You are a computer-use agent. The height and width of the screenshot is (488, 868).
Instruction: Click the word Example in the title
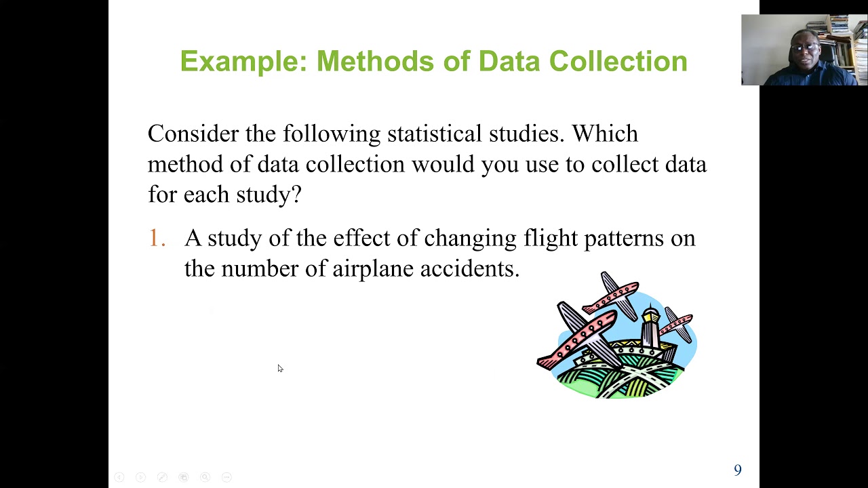click(x=238, y=61)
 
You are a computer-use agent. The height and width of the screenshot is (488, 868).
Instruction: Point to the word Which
click(x=604, y=134)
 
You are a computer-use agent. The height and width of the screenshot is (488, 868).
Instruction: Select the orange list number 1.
click(x=156, y=238)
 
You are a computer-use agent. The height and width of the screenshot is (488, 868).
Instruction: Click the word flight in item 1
click(x=549, y=238)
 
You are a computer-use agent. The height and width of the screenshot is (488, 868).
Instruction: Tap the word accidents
click(x=469, y=268)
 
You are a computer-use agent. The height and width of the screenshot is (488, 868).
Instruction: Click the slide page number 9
click(x=738, y=470)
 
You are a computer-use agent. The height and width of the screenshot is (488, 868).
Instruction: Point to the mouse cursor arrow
click(x=279, y=368)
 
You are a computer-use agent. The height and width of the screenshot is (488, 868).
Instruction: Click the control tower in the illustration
click(x=650, y=329)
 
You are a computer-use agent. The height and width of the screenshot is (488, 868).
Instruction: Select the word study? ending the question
click(x=269, y=195)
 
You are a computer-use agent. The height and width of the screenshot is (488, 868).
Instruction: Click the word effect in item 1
click(x=358, y=238)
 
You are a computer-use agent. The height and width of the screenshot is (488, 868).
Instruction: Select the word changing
click(x=470, y=239)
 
